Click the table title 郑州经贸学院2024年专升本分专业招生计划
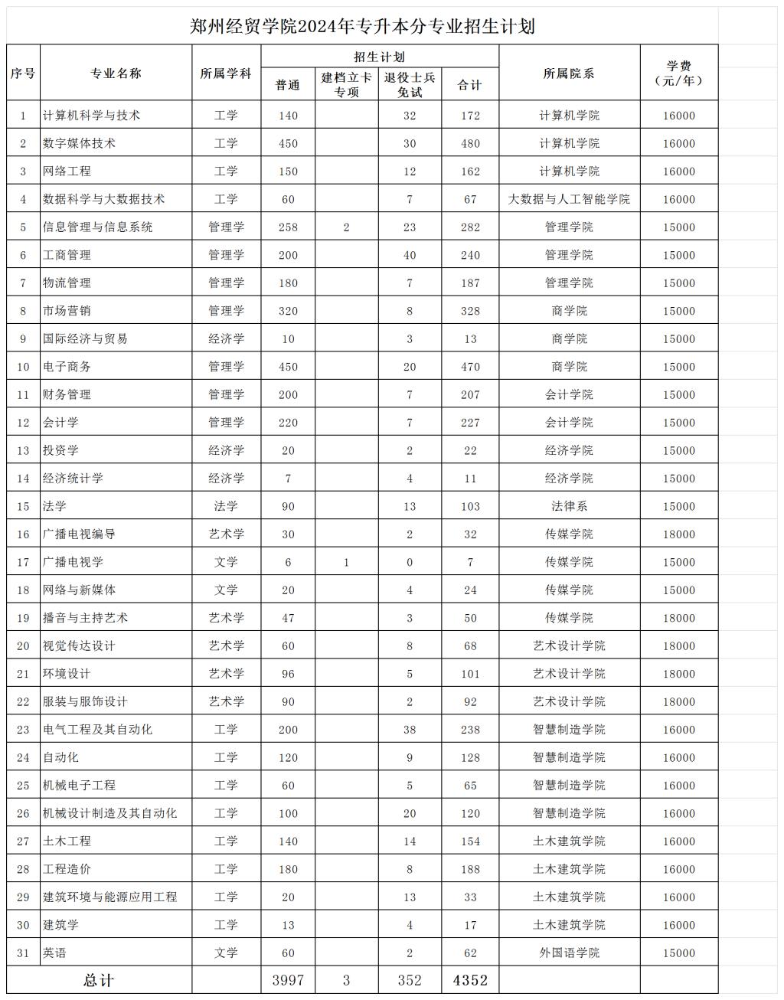click(x=362, y=27)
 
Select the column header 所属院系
click(x=569, y=74)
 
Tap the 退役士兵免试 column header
click(x=410, y=85)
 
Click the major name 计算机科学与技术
click(x=92, y=116)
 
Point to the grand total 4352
click(x=470, y=980)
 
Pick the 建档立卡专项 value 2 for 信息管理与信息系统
click(x=346, y=227)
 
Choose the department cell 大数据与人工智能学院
click(x=569, y=199)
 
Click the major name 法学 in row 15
click(x=55, y=506)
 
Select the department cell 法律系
click(x=569, y=506)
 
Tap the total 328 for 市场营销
click(x=470, y=311)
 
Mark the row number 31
click(x=23, y=953)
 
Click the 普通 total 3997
click(x=288, y=981)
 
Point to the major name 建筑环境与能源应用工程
click(x=110, y=897)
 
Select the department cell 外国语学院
click(x=569, y=953)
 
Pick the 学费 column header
click(x=679, y=73)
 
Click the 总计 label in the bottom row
click(x=99, y=981)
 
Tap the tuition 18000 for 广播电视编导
click(x=679, y=534)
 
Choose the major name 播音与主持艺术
click(x=86, y=618)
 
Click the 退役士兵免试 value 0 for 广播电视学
click(x=410, y=562)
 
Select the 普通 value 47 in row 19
click(x=288, y=618)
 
